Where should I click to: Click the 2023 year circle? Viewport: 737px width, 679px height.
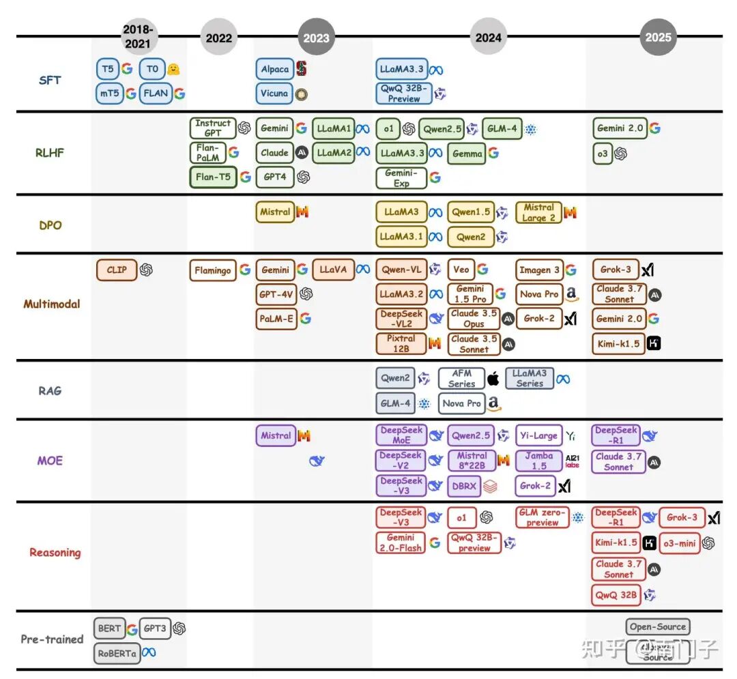click(x=317, y=37)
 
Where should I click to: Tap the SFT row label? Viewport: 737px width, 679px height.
click(x=50, y=80)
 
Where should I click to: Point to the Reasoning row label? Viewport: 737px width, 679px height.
click(x=55, y=552)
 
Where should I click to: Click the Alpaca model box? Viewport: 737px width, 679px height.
click(x=275, y=69)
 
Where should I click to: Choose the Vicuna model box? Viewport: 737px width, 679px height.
click(x=274, y=93)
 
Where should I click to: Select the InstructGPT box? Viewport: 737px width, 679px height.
click(x=212, y=128)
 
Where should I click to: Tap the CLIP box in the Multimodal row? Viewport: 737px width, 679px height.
click(x=117, y=270)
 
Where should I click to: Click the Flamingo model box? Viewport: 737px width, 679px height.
click(x=212, y=270)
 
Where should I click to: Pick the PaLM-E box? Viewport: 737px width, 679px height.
click(x=276, y=319)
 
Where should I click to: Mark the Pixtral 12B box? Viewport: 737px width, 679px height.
click(x=401, y=343)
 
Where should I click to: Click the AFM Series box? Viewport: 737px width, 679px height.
click(x=461, y=379)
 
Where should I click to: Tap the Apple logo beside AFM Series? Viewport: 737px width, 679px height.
click(x=493, y=379)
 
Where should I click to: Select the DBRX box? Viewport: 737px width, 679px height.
click(x=464, y=487)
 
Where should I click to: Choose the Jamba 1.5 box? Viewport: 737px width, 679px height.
click(x=539, y=461)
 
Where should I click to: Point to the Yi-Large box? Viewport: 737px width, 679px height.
click(x=538, y=435)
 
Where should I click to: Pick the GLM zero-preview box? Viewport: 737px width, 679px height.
click(x=543, y=517)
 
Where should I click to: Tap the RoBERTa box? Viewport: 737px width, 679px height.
click(x=117, y=653)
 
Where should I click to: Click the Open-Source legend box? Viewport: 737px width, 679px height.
click(x=657, y=626)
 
